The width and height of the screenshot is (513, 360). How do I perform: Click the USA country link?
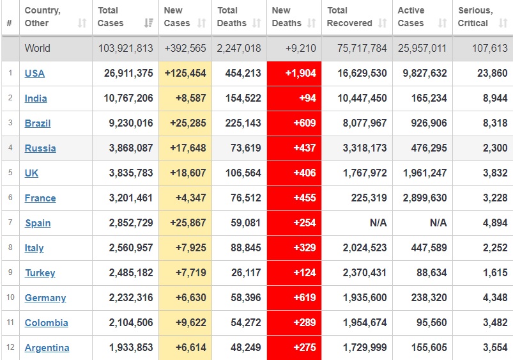pos(34,74)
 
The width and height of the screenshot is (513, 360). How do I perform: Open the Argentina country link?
pos(47,348)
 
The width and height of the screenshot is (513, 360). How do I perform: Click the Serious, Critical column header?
pos(475,17)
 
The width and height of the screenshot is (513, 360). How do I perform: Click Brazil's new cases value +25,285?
pos(185,123)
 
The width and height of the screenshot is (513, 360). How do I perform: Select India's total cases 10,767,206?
pos(125,98)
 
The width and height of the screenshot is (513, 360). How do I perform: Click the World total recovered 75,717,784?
pos(357,49)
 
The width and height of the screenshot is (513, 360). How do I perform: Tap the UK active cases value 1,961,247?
pos(425,173)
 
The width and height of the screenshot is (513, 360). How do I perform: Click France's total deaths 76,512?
pos(243,198)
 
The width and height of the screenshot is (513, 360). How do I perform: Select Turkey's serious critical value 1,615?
pos(494,273)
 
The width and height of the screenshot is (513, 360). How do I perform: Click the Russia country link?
pos(40,148)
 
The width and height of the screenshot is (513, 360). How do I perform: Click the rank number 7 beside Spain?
pos(10,223)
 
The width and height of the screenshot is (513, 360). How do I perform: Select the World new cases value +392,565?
pos(185,49)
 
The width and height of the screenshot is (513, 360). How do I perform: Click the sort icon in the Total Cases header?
pos(149,24)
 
